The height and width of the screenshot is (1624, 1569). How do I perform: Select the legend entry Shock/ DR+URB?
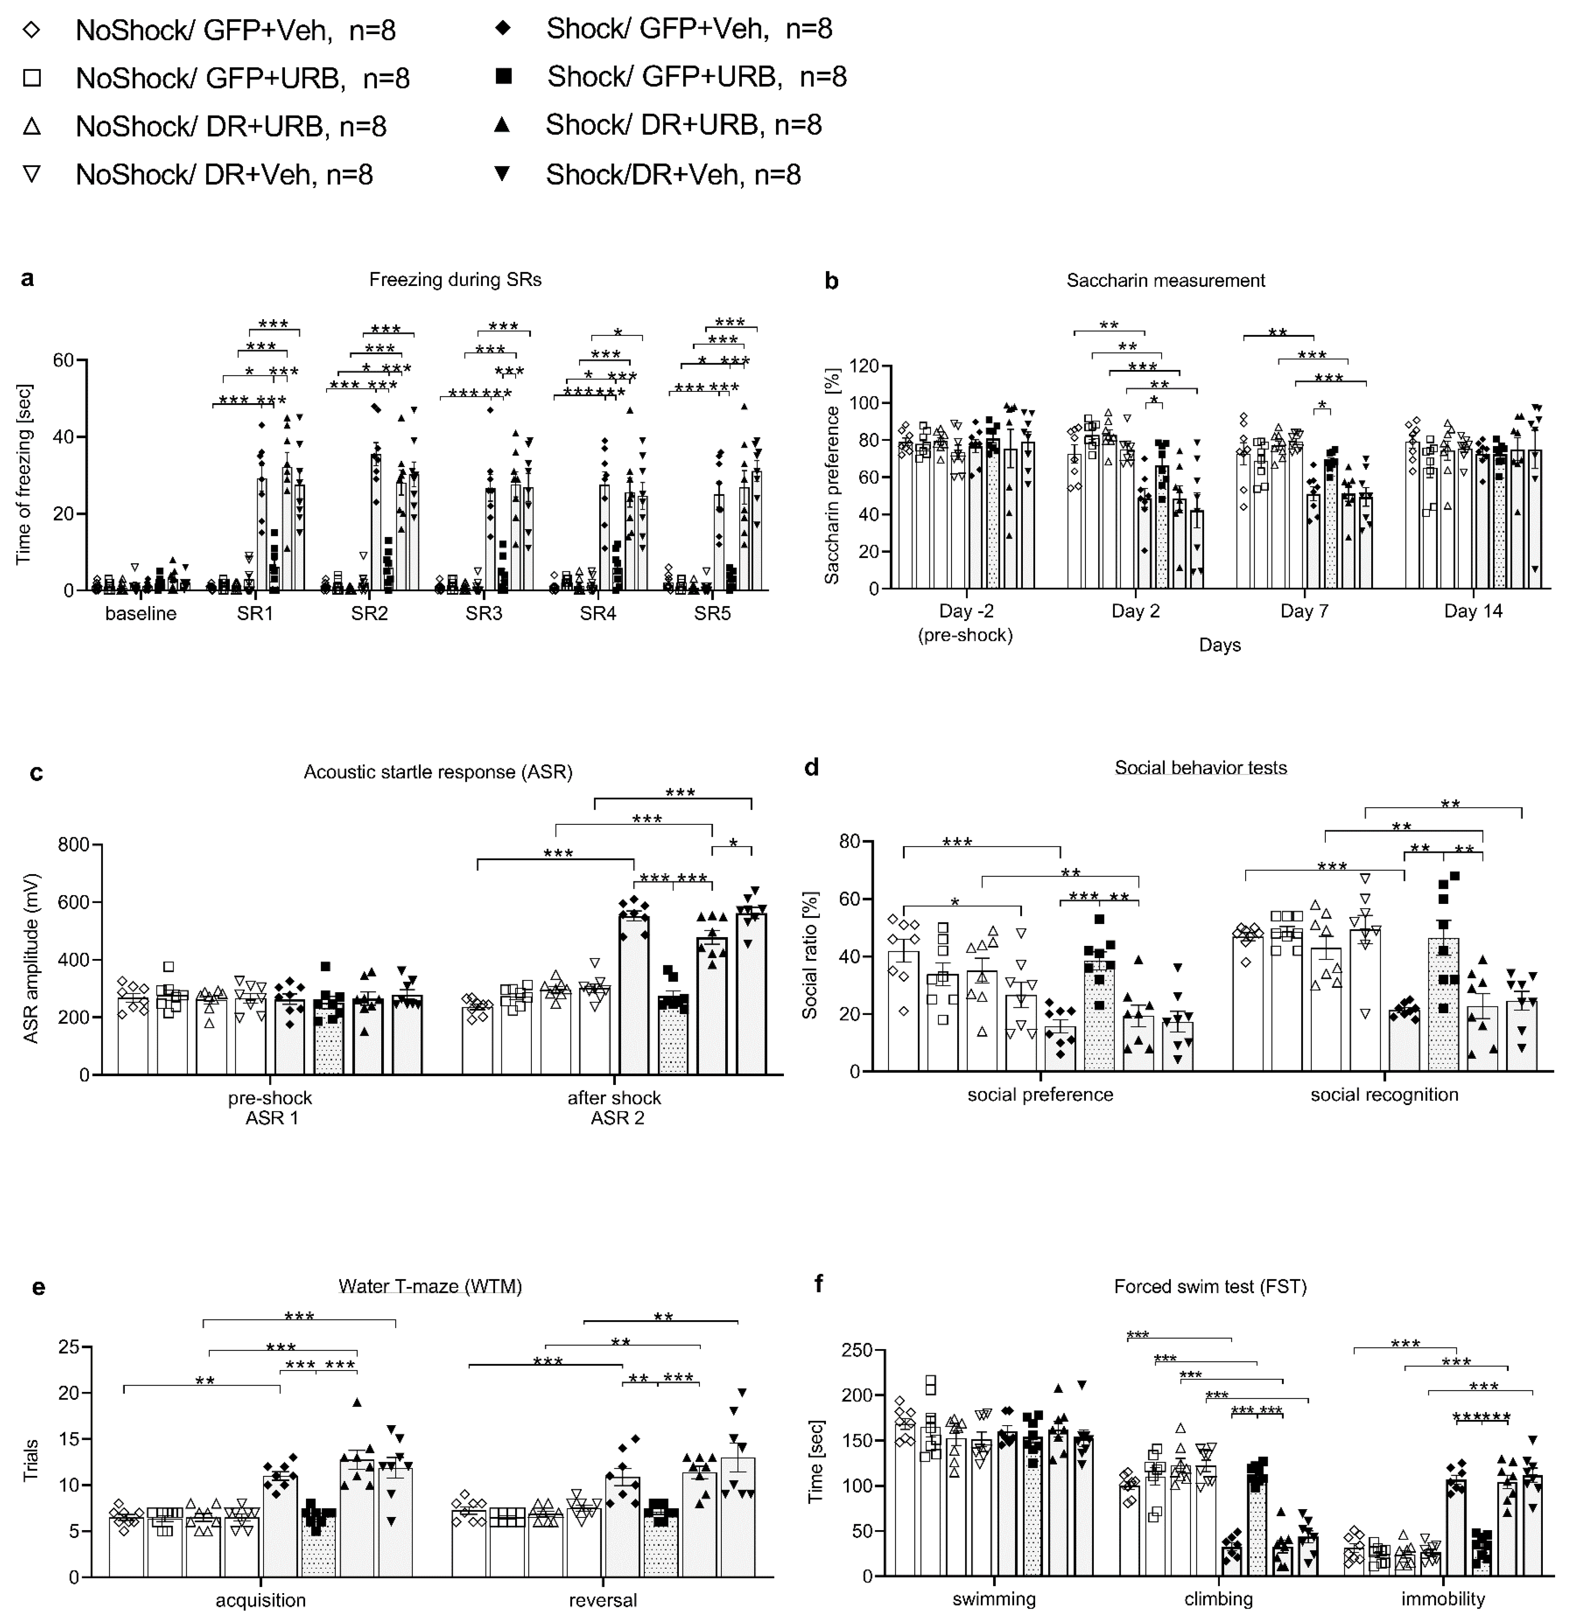[x=683, y=125]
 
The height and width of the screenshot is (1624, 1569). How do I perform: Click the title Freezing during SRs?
[x=455, y=280]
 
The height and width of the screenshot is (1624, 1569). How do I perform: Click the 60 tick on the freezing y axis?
[x=63, y=360]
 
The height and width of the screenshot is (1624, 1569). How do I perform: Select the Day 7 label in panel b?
[x=1304, y=612]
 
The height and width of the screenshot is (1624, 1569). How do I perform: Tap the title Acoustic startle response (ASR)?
[x=438, y=772]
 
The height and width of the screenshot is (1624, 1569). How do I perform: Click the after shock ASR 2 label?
[x=614, y=1108]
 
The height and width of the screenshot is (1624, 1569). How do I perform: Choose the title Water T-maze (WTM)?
[x=430, y=1287]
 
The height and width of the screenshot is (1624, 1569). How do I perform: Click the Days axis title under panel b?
[x=1219, y=644]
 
